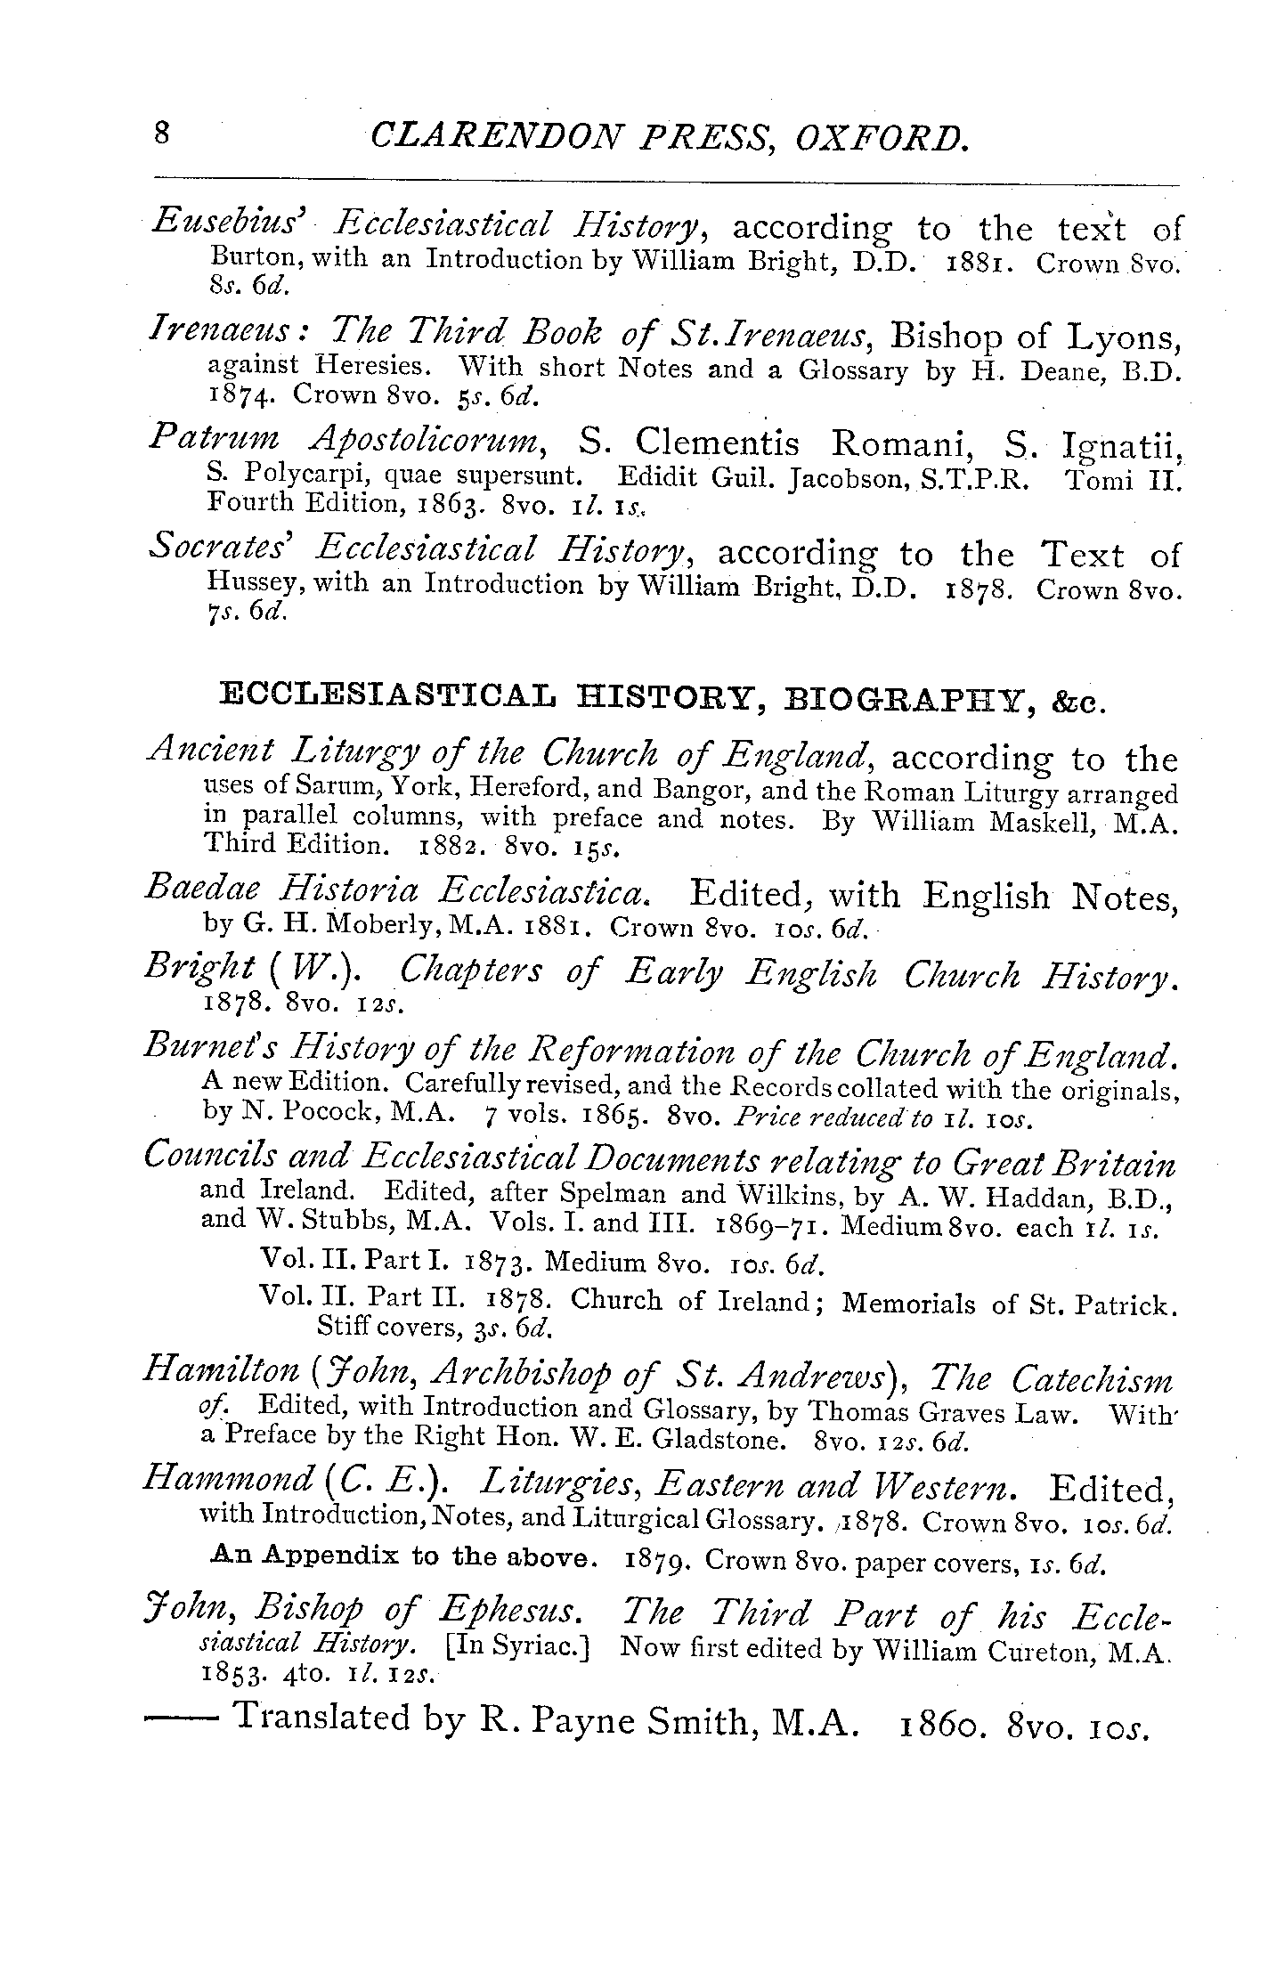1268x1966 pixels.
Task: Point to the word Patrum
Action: click(x=214, y=439)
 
